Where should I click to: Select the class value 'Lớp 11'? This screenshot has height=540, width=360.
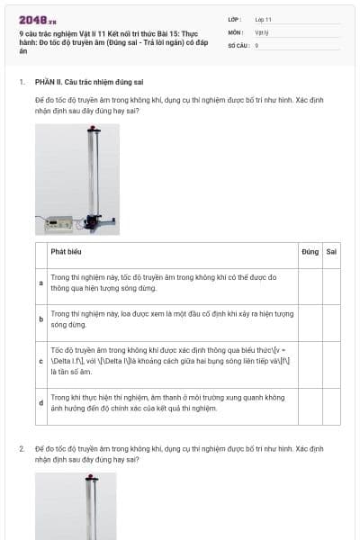[263, 19]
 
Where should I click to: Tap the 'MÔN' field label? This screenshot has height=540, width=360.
[235, 31]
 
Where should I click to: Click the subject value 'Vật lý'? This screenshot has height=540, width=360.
[262, 31]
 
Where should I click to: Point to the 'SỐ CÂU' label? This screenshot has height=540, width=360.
[238, 44]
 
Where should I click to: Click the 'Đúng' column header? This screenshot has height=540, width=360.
[310, 252]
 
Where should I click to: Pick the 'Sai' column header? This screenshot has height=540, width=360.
[331, 252]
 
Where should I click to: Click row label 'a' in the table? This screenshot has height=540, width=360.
[40, 283]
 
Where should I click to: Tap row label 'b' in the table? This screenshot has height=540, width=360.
[40, 319]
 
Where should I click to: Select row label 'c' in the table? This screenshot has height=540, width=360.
[40, 360]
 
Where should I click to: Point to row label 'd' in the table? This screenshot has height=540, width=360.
[40, 402]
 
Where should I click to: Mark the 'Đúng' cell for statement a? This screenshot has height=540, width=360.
[310, 283]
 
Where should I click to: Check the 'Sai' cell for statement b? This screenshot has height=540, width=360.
[331, 319]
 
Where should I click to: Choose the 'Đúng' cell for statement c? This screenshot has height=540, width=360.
[310, 360]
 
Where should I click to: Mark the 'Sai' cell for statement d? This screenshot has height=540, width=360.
[331, 402]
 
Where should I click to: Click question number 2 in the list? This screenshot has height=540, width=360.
[22, 447]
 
